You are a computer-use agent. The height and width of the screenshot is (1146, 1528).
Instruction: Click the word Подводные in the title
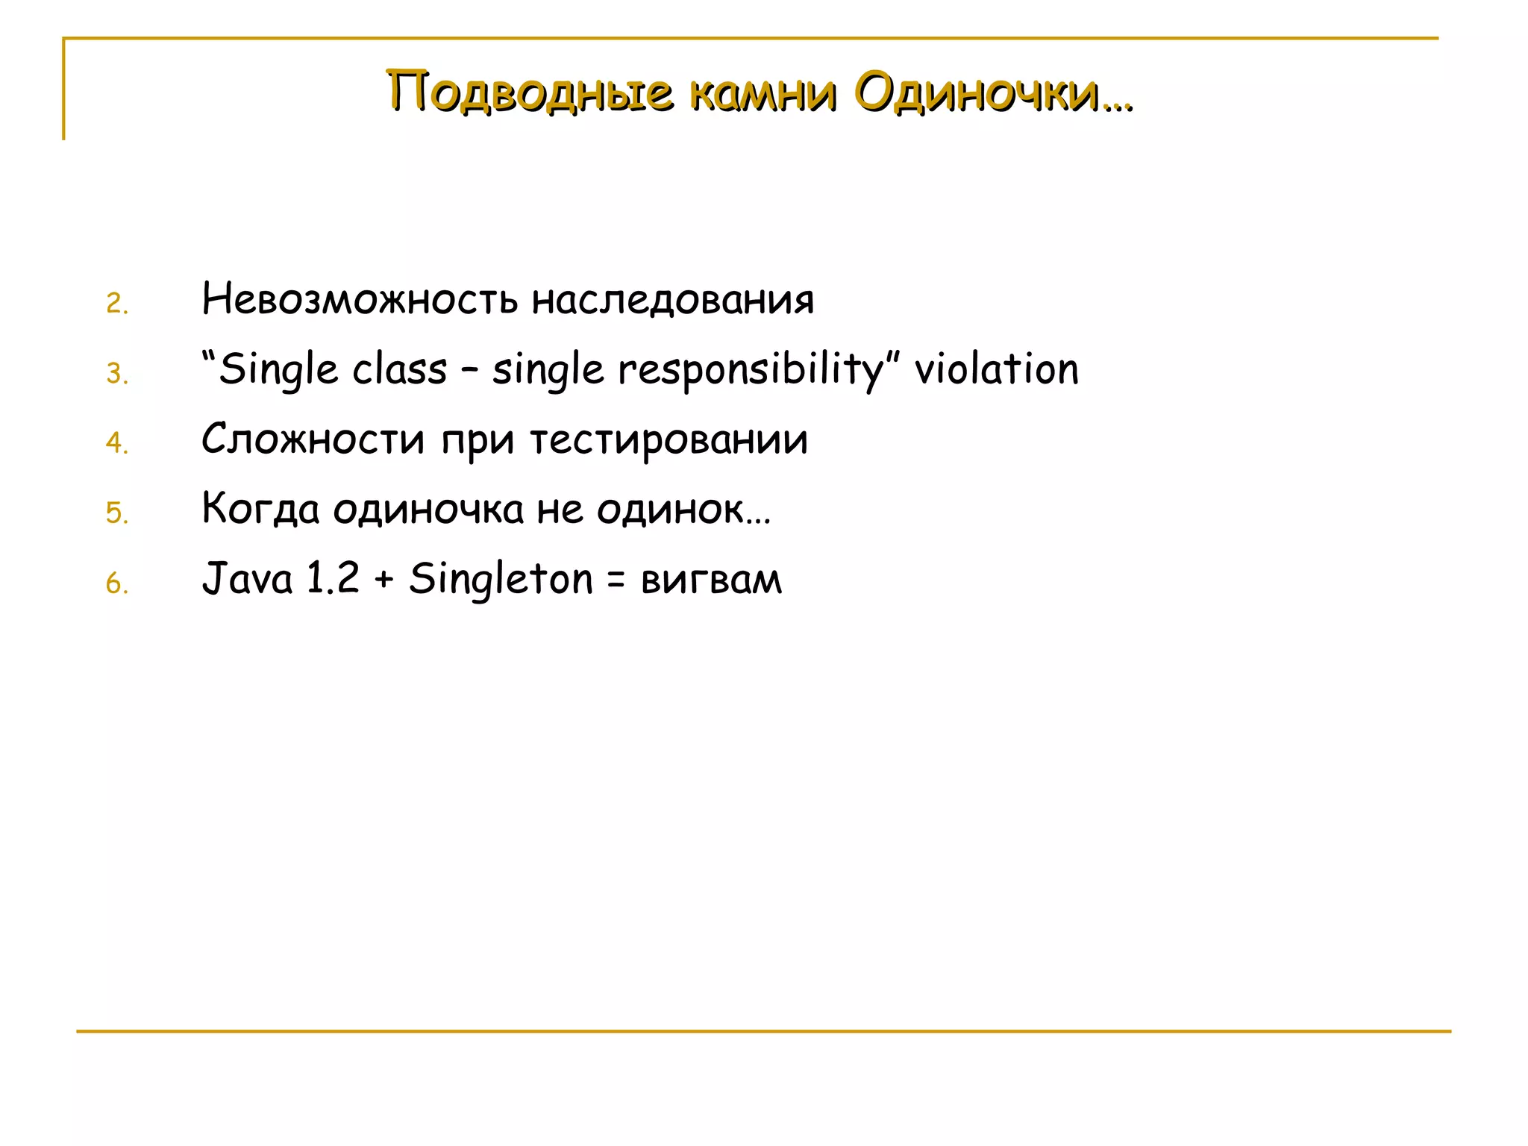pos(530,93)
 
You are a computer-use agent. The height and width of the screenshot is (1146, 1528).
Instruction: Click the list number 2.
pos(116,304)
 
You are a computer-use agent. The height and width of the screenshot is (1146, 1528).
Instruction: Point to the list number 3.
pos(116,373)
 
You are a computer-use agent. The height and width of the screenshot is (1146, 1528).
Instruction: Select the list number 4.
pos(116,443)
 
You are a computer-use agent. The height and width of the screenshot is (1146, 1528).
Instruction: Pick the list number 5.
pos(116,513)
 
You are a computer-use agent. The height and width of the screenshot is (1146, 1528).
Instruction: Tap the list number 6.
pos(116,583)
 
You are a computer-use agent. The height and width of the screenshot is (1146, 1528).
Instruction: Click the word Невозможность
pos(360,299)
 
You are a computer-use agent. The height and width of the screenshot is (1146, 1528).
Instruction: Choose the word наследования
pos(672,299)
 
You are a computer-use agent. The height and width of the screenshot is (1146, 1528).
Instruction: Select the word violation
pos(997,369)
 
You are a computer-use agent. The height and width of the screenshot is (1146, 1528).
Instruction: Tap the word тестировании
pos(669,439)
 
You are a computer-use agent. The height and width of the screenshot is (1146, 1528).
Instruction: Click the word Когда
pos(260,510)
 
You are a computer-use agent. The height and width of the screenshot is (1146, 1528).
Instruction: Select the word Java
pos(248,579)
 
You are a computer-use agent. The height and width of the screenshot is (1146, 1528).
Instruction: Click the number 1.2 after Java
pos(333,579)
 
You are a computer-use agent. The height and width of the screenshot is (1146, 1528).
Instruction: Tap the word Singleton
pos(501,579)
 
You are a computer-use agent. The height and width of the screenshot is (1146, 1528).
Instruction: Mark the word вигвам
pos(711,580)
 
